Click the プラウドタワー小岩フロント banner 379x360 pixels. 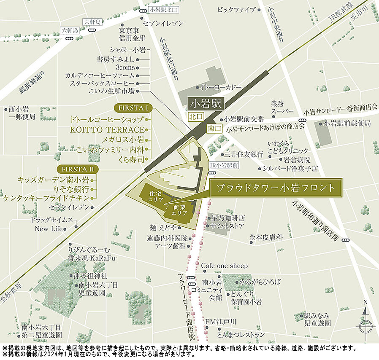pyautogui.click(x=276, y=188)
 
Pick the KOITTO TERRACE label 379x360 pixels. pyautogui.click(x=110, y=129)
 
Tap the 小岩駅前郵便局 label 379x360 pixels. pyautogui.click(x=347, y=124)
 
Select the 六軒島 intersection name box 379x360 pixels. pyautogui.click(x=92, y=21)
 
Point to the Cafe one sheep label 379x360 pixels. pyautogui.click(x=224, y=266)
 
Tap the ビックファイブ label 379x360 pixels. pyautogui.click(x=236, y=9)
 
